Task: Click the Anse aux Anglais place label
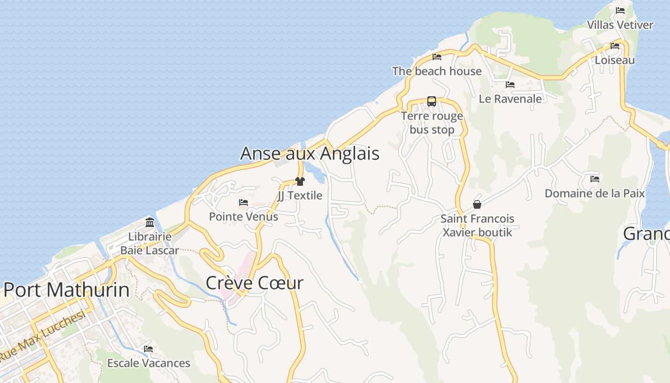(x=310, y=153)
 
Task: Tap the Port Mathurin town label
(x=67, y=290)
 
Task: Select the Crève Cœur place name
(x=254, y=283)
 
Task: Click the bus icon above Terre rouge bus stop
(x=432, y=101)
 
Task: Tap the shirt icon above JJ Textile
(x=300, y=181)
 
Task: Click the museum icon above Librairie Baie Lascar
(x=149, y=222)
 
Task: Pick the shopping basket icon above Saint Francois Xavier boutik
(x=477, y=204)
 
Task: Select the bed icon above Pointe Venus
(x=244, y=203)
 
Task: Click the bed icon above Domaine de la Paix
(x=595, y=179)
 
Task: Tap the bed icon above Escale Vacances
(x=148, y=349)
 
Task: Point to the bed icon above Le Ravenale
(x=510, y=85)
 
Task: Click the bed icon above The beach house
(x=437, y=57)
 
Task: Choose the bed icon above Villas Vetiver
(x=620, y=11)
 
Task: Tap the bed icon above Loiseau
(x=615, y=46)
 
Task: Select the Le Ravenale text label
(x=510, y=99)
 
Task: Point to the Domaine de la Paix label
(x=595, y=193)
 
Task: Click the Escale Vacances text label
(x=148, y=363)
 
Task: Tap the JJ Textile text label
(x=300, y=195)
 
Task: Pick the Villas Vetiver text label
(x=620, y=25)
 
